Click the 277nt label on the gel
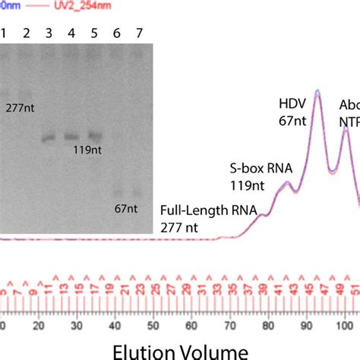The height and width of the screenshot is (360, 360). [x=20, y=108]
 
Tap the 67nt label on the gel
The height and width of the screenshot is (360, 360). [x=126, y=207]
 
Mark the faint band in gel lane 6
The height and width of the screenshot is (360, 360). [x=117, y=191]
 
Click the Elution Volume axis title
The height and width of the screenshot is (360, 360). [x=180, y=350]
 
